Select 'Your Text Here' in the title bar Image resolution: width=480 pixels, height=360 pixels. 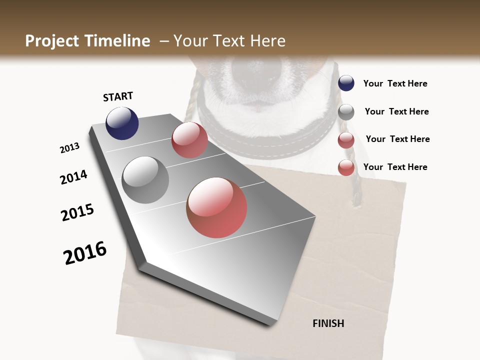229,41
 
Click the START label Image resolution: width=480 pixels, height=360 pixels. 118,96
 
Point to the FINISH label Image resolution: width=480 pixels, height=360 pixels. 328,323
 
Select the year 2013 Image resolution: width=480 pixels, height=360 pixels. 69,148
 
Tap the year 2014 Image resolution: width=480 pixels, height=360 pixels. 73,177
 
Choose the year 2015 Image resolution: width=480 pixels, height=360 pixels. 77,212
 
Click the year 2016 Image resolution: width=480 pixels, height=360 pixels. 85,253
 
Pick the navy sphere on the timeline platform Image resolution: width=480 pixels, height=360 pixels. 122,123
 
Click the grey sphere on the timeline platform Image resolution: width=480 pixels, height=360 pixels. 145,179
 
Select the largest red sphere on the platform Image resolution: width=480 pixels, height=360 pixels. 216,207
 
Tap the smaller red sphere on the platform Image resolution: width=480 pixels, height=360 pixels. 189,140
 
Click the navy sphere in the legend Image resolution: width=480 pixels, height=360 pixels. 346,83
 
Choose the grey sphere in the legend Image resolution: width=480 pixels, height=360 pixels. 346,112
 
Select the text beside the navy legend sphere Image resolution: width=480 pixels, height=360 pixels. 395,83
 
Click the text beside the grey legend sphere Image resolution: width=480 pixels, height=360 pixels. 396,111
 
